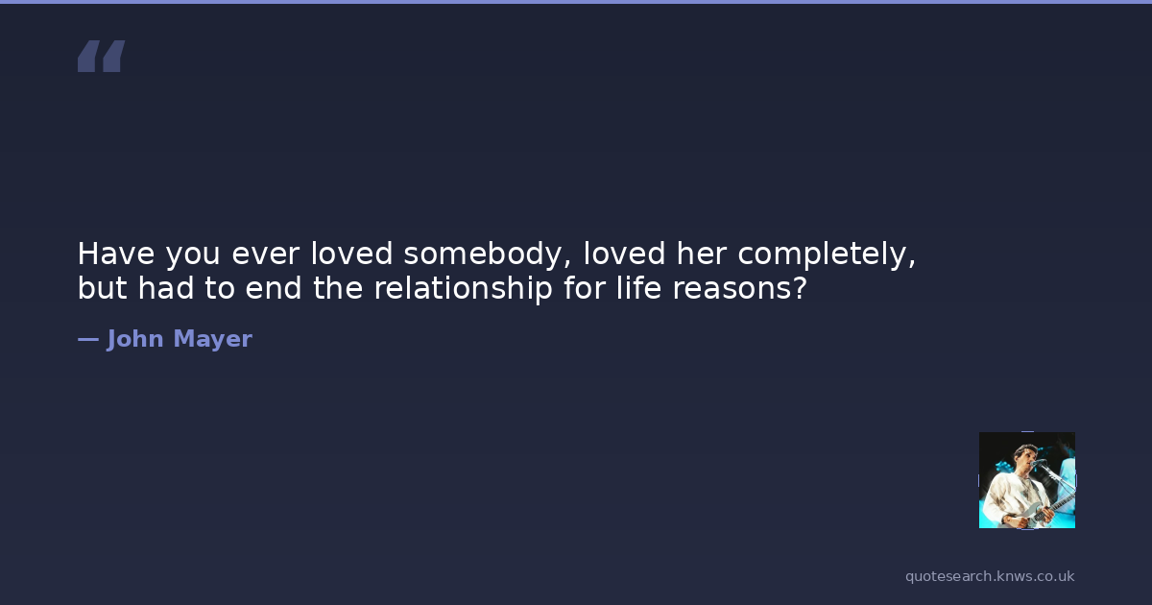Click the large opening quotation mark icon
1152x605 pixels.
tap(102, 56)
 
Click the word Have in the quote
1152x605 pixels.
tap(116, 254)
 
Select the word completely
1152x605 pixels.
tap(827, 254)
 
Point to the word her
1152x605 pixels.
tap(702, 254)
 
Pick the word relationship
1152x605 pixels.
tap(463, 289)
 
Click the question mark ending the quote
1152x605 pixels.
tap(800, 287)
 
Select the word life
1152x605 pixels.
tap(638, 287)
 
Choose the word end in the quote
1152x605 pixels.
tap(273, 287)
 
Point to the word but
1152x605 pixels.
tap(102, 287)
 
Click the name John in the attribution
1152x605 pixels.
tap(134, 340)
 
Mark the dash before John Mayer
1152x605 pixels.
tap(88, 340)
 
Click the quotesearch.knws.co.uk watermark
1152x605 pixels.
tap(990, 577)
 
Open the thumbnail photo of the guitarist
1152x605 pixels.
tap(1026, 480)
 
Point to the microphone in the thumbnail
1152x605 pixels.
tap(1039, 463)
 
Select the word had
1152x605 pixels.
tap(165, 287)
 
